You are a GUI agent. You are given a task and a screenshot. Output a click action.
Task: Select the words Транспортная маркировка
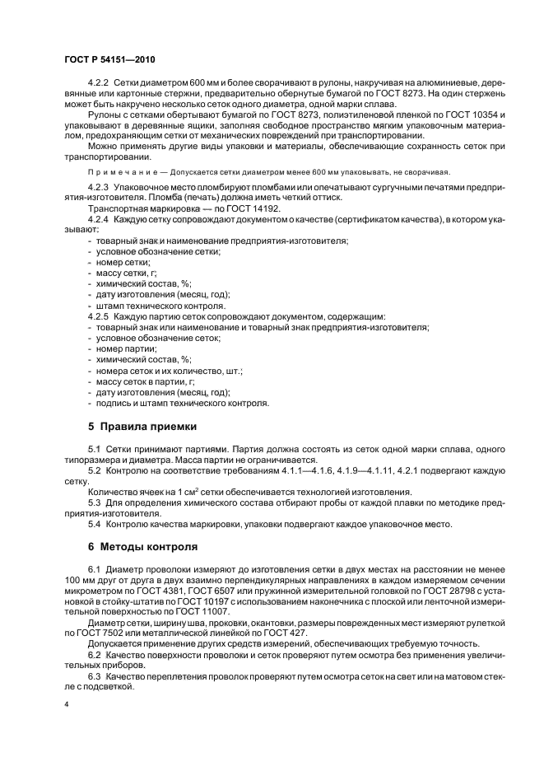coord(138,210)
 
